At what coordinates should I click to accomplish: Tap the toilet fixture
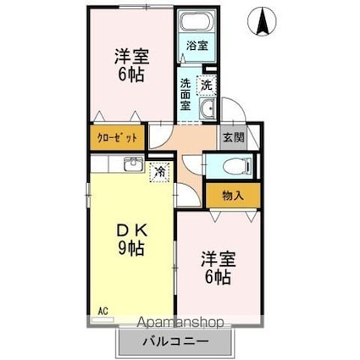229,167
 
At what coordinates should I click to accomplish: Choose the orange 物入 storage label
234,196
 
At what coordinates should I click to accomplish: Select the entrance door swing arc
238,119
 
